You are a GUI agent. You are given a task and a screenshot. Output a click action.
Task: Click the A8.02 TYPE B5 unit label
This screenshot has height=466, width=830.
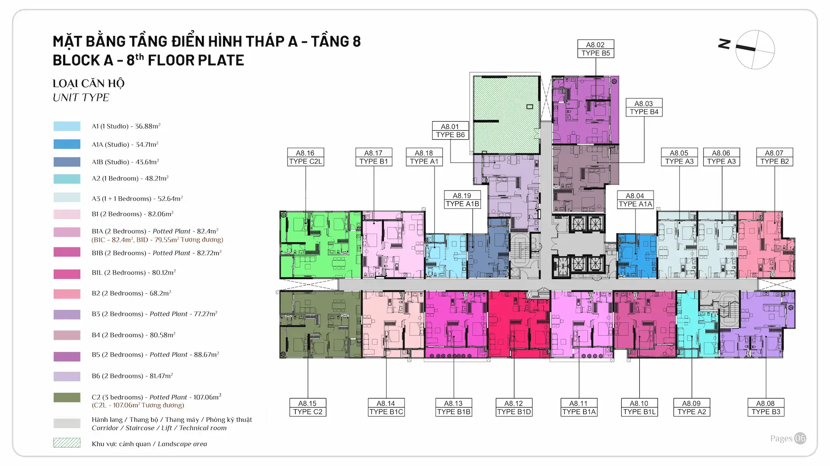596,49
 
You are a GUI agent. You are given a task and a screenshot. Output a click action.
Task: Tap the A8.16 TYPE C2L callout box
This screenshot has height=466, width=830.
306,157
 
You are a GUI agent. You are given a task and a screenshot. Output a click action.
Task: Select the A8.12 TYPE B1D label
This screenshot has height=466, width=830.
514,408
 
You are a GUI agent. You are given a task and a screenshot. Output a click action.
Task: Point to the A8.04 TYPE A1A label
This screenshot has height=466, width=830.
635,200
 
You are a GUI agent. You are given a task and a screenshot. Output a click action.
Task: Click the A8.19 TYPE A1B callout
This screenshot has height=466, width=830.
462,200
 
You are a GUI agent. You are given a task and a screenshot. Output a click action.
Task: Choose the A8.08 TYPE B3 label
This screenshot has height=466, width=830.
766,408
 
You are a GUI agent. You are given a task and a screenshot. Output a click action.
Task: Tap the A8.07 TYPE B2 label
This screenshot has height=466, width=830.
774,157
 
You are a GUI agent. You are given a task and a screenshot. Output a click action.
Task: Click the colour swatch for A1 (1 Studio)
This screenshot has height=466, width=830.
67,126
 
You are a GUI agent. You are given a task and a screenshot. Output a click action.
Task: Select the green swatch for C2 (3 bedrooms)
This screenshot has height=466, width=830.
67,397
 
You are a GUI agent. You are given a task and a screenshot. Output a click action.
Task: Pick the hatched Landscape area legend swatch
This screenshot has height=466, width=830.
67,443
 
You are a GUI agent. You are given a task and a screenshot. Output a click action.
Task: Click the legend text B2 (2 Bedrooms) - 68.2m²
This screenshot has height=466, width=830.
131,293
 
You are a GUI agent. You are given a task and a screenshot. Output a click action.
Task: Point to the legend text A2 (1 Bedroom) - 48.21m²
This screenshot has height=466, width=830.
130,178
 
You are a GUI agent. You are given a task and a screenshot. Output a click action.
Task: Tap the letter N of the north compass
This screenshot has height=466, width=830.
724,44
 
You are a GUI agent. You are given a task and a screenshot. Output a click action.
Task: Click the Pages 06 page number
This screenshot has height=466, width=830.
788,438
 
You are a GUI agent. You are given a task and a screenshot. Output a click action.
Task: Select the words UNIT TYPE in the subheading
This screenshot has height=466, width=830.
81,98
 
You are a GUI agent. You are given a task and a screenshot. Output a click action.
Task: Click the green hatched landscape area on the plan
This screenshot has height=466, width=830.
506,114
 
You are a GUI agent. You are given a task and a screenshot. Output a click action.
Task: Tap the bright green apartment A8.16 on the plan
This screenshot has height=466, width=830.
320,245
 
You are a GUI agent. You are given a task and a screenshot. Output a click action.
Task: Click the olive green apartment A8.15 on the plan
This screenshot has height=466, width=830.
320,324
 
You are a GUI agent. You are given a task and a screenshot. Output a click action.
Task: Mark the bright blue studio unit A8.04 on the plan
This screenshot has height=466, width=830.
637,256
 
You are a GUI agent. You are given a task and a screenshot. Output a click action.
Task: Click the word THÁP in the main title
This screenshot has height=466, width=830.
265,41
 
